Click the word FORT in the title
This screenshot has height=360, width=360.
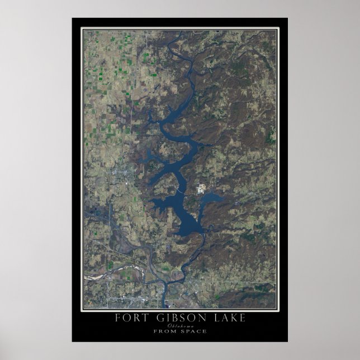click(130, 319)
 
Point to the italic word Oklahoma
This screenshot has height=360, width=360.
click(179, 325)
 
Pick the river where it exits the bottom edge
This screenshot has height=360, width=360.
click(165, 305)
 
